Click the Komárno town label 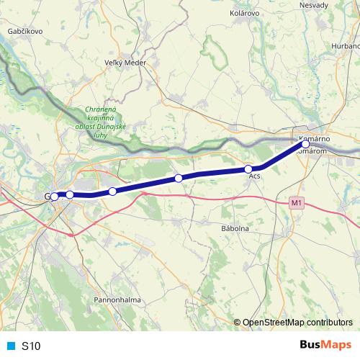click(x=316, y=138)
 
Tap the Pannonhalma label click(x=117, y=299)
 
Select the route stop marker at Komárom click(x=305, y=145)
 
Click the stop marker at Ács click(x=248, y=170)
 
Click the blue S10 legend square click(x=10, y=346)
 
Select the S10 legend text click(x=31, y=346)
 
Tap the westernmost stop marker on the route click(x=54, y=197)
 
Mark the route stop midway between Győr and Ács click(x=179, y=178)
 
